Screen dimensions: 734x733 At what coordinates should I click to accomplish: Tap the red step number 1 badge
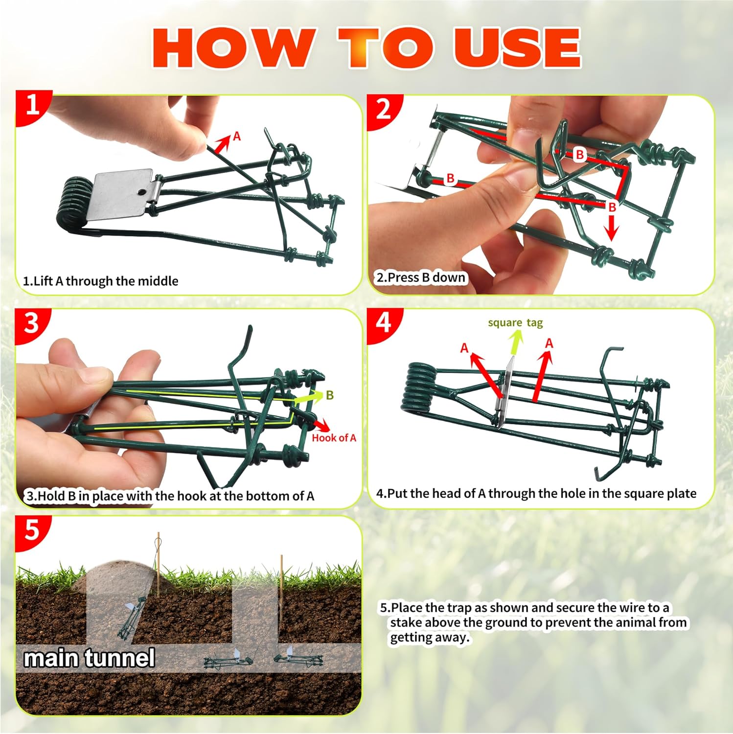[x=32, y=105]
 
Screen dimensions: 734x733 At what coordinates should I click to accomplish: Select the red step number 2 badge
[x=384, y=109]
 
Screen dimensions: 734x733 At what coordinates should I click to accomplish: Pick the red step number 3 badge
[x=31, y=323]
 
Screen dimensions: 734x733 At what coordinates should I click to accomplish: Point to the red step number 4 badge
[x=383, y=323]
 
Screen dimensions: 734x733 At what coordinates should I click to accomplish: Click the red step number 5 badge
[x=31, y=530]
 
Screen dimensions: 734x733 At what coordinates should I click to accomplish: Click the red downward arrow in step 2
[x=611, y=228]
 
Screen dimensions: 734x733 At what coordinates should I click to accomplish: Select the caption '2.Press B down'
[x=421, y=277]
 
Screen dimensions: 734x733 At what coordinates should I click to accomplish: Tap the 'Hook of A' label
[x=334, y=438]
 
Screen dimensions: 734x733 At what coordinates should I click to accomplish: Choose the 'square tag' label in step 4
[x=515, y=323]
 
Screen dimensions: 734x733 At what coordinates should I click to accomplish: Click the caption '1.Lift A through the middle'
[x=101, y=281]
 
